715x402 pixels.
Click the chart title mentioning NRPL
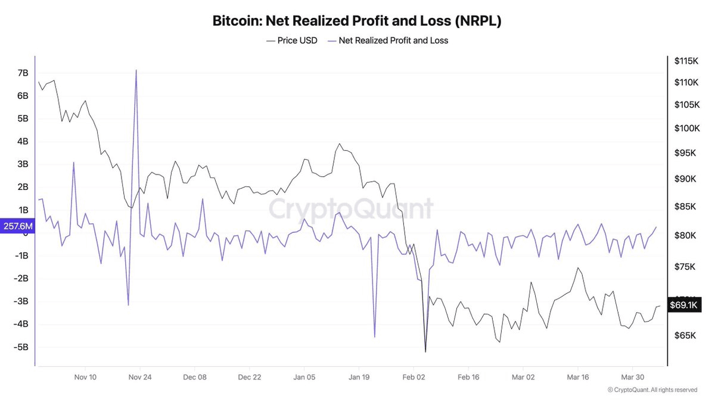click(x=357, y=21)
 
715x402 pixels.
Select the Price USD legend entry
click(x=291, y=40)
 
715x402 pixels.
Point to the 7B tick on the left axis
click(x=23, y=73)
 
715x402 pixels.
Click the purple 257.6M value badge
click(x=17, y=227)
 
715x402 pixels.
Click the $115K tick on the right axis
click(x=686, y=61)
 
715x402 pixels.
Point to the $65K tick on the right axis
click(x=685, y=335)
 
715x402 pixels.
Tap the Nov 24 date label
click(x=140, y=377)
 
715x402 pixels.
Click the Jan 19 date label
click(x=359, y=377)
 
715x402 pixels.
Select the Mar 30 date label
click(x=632, y=377)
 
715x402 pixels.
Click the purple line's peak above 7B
click(x=136, y=70)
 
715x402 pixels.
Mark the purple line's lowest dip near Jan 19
click(x=375, y=337)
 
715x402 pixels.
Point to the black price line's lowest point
click(x=425, y=351)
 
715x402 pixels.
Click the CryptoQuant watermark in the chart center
click(x=350, y=210)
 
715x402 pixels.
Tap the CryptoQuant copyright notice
click(x=652, y=389)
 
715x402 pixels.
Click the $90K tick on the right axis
click(x=685, y=179)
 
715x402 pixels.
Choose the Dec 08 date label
click(x=195, y=377)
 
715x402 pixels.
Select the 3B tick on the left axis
click(x=23, y=164)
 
